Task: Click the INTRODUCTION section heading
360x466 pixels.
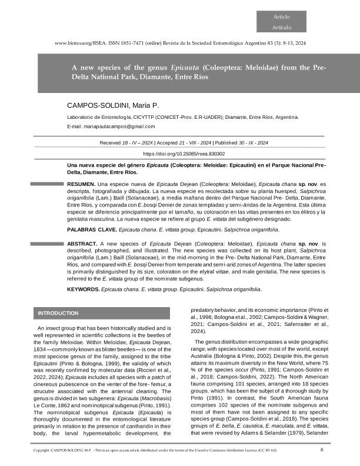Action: pos(58,313)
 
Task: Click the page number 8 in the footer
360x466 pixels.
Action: pos(322,450)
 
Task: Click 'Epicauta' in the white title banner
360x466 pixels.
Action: pos(181,68)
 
